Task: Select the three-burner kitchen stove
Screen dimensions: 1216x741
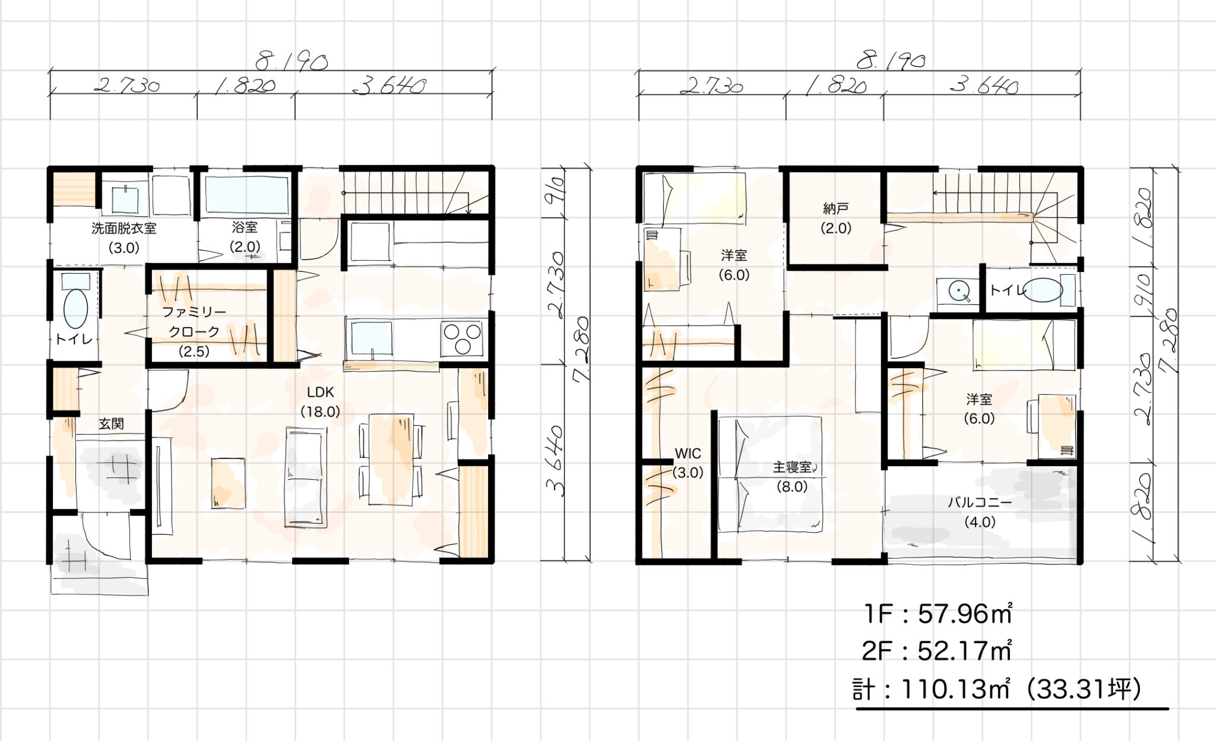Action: point(461,339)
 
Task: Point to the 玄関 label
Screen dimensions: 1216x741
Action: point(111,424)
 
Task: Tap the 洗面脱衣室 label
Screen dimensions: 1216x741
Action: point(123,229)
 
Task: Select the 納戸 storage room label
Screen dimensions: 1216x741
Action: point(836,208)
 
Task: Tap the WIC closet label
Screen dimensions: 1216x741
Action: point(688,454)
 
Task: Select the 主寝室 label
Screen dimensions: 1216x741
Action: point(792,467)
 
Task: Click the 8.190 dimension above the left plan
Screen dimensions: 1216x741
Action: point(292,61)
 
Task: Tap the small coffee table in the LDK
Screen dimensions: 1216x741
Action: point(228,483)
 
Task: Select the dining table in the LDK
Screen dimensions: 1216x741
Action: point(391,459)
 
